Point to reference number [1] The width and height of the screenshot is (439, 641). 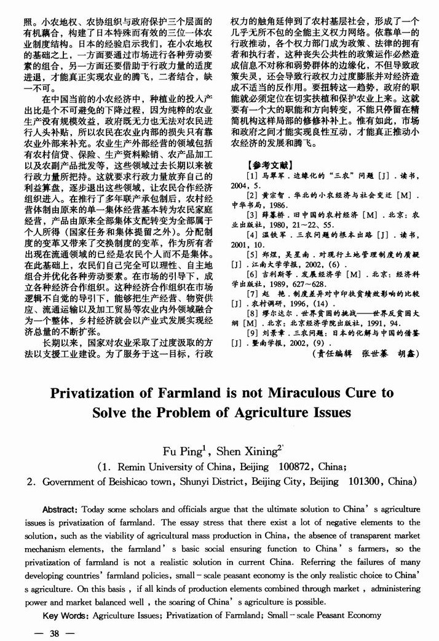(x=251, y=176)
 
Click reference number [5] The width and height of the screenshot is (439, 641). (x=251, y=254)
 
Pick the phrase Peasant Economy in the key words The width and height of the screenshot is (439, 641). (x=349, y=615)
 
